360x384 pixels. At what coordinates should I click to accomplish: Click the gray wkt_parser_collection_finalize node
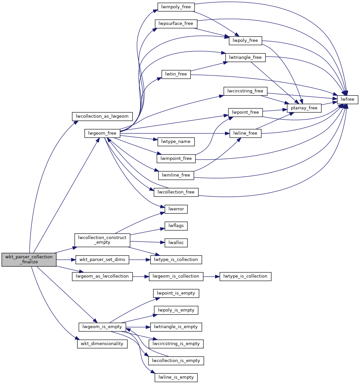pyautogui.click(x=29, y=259)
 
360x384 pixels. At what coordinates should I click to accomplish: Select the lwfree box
pyautogui.click(x=348, y=99)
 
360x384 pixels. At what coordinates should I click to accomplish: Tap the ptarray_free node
pyautogui.click(x=304, y=108)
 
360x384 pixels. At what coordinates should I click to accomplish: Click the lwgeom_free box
pyautogui.click(x=102, y=133)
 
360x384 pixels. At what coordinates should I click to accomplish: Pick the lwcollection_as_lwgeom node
pyautogui.click(x=102, y=116)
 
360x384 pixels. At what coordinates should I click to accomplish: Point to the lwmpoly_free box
pyautogui.click(x=176, y=7)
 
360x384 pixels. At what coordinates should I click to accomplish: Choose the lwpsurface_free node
pyautogui.click(x=176, y=24)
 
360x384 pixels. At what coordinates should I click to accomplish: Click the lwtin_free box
pyautogui.click(x=176, y=74)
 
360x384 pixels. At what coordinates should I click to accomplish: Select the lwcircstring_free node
pyautogui.click(x=245, y=91)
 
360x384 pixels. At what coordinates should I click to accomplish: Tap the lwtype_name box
pyautogui.click(x=176, y=141)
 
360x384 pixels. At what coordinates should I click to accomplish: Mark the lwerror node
pyautogui.click(x=176, y=209)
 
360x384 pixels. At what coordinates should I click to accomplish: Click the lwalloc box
pyautogui.click(x=176, y=242)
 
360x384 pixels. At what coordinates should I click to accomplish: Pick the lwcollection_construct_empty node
pyautogui.click(x=102, y=240)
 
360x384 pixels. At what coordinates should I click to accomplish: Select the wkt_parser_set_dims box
pyautogui.click(x=102, y=259)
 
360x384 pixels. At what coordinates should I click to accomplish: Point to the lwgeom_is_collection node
pyautogui.click(x=176, y=276)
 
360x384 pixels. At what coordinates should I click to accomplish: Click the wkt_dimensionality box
pyautogui.click(x=102, y=343)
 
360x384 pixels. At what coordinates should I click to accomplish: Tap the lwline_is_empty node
pyautogui.click(x=176, y=377)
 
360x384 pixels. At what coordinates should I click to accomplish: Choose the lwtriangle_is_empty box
pyautogui.click(x=176, y=326)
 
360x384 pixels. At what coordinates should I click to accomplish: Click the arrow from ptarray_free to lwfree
pyautogui.click(x=329, y=104)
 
